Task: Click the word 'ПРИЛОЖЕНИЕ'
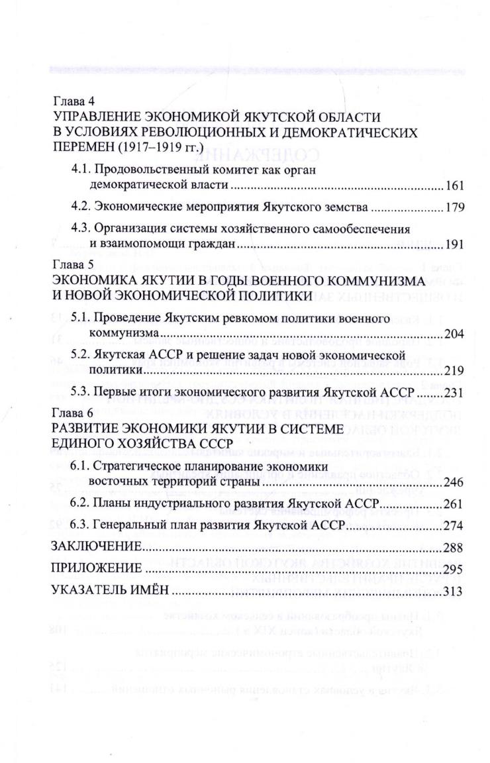click(96, 569)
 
